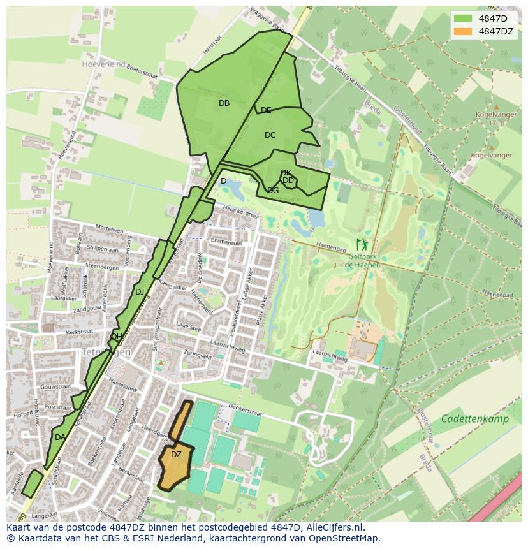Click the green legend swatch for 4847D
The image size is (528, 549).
click(463, 18)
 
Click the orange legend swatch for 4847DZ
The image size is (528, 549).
click(463, 31)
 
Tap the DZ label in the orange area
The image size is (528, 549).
click(176, 455)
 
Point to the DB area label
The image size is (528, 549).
click(224, 103)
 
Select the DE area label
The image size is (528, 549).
click(266, 111)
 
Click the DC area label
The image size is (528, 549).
click(270, 135)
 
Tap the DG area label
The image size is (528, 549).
click(273, 191)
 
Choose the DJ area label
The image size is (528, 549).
click(140, 292)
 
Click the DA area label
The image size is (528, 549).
click(60, 437)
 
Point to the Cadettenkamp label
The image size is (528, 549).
click(474, 419)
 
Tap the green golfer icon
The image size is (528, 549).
click(362, 244)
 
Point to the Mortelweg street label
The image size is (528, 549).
click(108, 228)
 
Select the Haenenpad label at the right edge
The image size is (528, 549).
click(498, 294)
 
